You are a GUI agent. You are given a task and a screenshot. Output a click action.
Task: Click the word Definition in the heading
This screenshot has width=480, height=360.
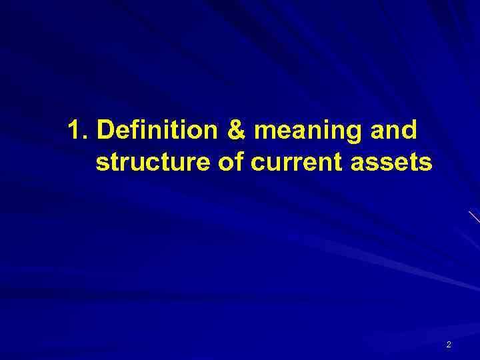[156, 131]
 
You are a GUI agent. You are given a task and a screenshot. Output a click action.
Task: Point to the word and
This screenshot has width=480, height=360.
[396, 131]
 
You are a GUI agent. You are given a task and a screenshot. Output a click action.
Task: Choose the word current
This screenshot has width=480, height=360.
[288, 162]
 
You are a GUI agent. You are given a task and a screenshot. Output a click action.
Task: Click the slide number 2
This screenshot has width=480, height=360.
[449, 344]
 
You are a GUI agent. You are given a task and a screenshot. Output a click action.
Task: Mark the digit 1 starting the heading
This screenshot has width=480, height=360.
[74, 131]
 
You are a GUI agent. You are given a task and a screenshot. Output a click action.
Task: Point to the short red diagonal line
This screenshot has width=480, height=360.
[474, 217]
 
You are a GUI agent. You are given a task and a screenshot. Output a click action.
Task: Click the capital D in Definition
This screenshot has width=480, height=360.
[104, 131]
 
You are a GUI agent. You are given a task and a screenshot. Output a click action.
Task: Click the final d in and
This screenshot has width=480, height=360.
[411, 131]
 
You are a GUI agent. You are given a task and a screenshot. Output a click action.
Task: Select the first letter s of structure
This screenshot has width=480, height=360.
[101, 163]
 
